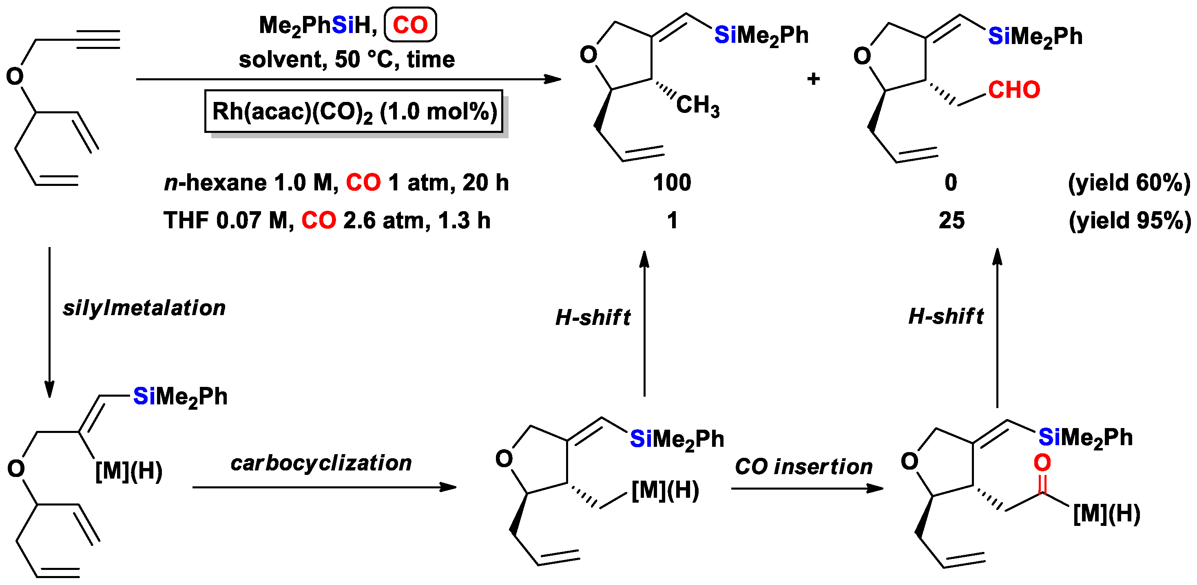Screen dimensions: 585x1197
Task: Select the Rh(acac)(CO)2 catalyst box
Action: point(354,112)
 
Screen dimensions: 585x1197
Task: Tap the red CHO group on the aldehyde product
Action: point(1014,90)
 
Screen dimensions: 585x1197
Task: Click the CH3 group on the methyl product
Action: point(697,106)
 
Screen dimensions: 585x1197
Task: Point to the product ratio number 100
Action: point(672,183)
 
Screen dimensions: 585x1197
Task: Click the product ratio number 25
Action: point(951,220)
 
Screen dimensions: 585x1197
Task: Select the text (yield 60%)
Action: point(1129,183)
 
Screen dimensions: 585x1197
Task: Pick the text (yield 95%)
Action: point(1130,220)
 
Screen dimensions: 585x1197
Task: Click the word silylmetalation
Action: point(144,308)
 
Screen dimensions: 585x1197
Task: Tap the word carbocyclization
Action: point(321,463)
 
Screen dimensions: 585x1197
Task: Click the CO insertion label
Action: point(803,466)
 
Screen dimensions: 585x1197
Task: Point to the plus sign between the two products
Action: point(813,79)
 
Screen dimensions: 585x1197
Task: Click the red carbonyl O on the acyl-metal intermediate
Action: point(1042,463)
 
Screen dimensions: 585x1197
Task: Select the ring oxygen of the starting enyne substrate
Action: point(15,76)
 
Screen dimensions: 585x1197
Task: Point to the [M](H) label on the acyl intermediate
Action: point(1106,514)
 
